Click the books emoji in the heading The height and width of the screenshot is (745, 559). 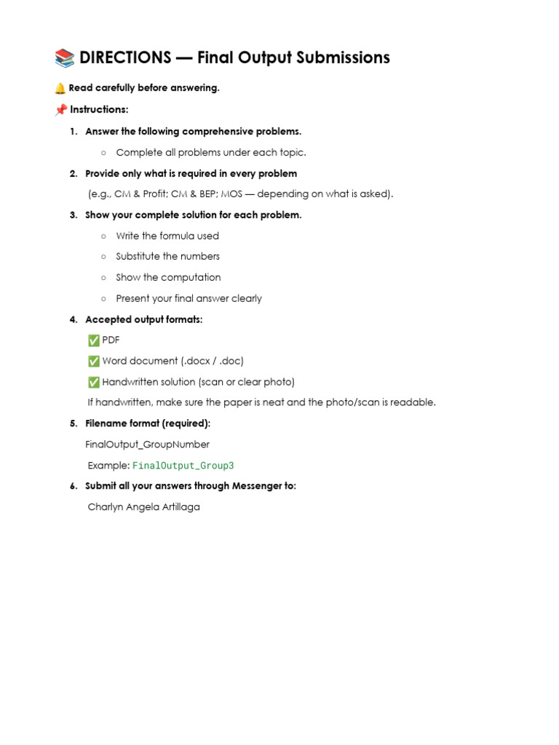pyautogui.click(x=64, y=58)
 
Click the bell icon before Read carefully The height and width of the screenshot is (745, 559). pyautogui.click(x=60, y=88)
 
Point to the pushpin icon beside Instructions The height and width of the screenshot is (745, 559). pyautogui.click(x=61, y=110)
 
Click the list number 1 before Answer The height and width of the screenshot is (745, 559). pyautogui.click(x=73, y=132)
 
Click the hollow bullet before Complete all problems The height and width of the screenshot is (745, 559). pyautogui.click(x=104, y=153)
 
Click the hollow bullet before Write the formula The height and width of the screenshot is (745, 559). pyautogui.click(x=104, y=236)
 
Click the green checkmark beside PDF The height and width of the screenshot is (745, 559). pyautogui.click(x=93, y=340)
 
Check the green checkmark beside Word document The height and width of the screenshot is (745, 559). pyautogui.click(x=93, y=361)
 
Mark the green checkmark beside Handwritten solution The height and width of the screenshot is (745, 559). pyautogui.click(x=93, y=382)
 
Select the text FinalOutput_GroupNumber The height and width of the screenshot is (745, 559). pyautogui.click(x=147, y=445)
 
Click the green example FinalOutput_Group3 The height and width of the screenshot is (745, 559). pyautogui.click(x=183, y=466)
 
